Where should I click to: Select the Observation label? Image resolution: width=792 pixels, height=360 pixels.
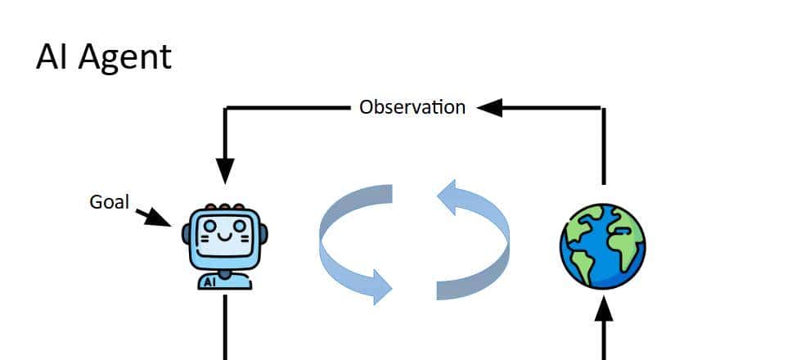412,107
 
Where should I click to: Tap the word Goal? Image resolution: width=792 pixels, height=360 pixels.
109,201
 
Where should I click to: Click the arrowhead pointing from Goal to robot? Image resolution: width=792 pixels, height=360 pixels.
160,218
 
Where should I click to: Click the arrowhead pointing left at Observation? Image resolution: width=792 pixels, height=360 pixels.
489,107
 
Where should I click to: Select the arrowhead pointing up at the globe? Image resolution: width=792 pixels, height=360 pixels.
603,309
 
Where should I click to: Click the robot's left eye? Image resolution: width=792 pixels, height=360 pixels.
210,224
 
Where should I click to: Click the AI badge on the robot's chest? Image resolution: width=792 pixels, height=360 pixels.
209,281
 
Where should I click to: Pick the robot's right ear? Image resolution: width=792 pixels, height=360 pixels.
263,234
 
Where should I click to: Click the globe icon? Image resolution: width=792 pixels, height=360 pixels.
603,246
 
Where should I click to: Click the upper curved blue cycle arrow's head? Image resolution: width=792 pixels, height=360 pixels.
449,199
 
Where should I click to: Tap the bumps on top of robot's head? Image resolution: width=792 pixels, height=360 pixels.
224,208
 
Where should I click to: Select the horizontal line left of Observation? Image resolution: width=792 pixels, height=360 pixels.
286,107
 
